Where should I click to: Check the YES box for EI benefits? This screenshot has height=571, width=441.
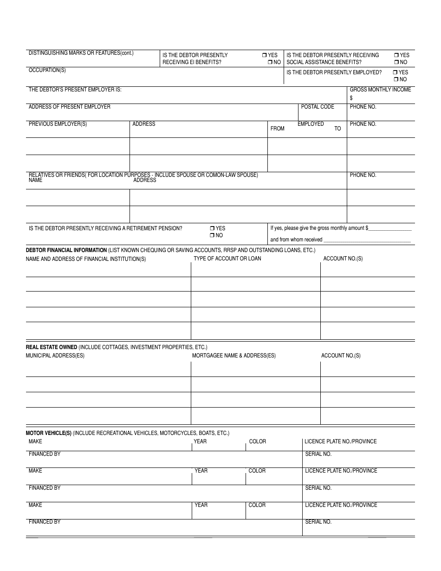[x=264, y=55]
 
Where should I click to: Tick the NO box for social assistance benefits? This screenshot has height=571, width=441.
[x=396, y=62]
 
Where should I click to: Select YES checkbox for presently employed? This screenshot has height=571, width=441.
[x=396, y=72]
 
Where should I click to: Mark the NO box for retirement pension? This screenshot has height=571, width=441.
[x=212, y=235]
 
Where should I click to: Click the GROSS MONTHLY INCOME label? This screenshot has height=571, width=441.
[x=380, y=90]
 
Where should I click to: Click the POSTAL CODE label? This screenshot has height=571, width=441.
[x=318, y=107]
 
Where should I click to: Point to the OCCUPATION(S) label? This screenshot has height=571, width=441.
[x=47, y=71]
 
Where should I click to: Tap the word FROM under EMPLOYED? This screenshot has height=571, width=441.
[x=278, y=129]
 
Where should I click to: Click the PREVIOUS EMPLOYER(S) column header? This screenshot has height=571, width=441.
[x=58, y=124]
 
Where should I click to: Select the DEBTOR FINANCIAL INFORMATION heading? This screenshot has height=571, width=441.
[x=66, y=250]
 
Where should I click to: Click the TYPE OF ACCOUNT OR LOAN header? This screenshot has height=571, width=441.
[x=227, y=259]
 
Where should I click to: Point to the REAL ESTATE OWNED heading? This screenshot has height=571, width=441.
[x=52, y=347]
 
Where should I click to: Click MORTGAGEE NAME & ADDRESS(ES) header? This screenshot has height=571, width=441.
[x=234, y=356]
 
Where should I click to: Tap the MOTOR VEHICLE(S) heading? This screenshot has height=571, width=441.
[x=49, y=433]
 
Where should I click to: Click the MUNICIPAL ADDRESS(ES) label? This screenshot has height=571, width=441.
[x=55, y=356]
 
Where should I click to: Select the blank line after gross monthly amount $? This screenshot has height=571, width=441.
[x=390, y=228]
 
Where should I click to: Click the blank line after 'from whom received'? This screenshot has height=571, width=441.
[x=367, y=240]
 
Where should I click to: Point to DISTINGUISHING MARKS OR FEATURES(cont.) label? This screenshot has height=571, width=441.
[x=81, y=53]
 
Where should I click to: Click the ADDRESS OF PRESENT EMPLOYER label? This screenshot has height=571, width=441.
[x=70, y=107]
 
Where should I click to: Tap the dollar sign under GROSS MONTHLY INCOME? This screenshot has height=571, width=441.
[x=351, y=98]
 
